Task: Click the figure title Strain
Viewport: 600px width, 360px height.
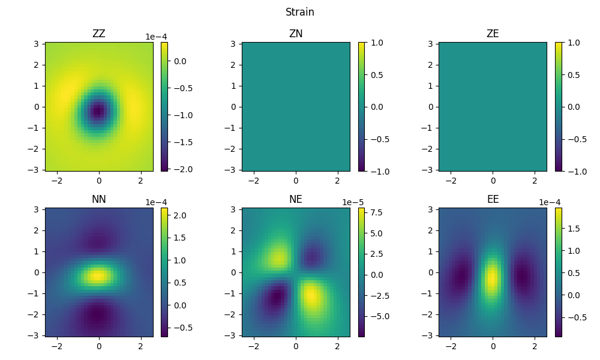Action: pos(299,12)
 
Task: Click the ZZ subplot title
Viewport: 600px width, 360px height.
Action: pos(99,34)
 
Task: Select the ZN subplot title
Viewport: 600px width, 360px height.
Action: pos(296,34)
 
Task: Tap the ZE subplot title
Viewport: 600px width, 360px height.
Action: pos(493,34)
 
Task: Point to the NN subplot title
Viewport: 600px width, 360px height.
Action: pos(99,199)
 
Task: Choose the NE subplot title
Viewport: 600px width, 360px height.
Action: pos(296,199)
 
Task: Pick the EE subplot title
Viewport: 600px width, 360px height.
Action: pos(493,199)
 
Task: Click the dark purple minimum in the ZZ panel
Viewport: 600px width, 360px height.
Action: pos(98,110)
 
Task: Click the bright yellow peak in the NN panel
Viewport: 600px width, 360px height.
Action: pos(97,276)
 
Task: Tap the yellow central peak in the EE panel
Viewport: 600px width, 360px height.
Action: pos(492,278)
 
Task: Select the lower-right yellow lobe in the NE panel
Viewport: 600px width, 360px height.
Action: pos(311,296)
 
